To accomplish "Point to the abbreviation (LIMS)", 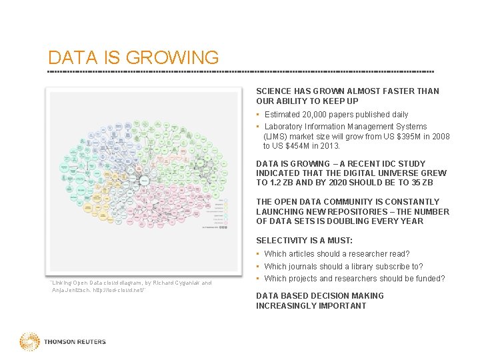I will click(276, 136).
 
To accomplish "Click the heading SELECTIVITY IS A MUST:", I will click(305, 240).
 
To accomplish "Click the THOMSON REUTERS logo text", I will click(75, 342).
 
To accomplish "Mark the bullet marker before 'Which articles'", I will click(258, 253).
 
